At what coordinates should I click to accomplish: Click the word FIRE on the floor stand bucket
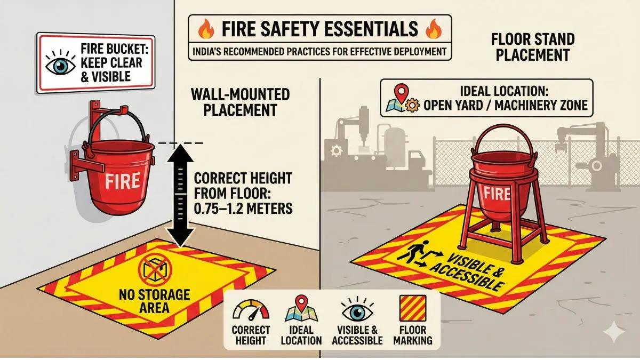pos(496,193)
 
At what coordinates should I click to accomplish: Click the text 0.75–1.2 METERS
pos(243,207)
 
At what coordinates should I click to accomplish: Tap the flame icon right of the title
pos(434,28)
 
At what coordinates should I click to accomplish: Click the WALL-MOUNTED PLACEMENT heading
pos(240,102)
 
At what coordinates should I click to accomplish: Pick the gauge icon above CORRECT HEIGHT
pos(251,309)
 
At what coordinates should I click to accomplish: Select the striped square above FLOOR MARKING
pos(413,308)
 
